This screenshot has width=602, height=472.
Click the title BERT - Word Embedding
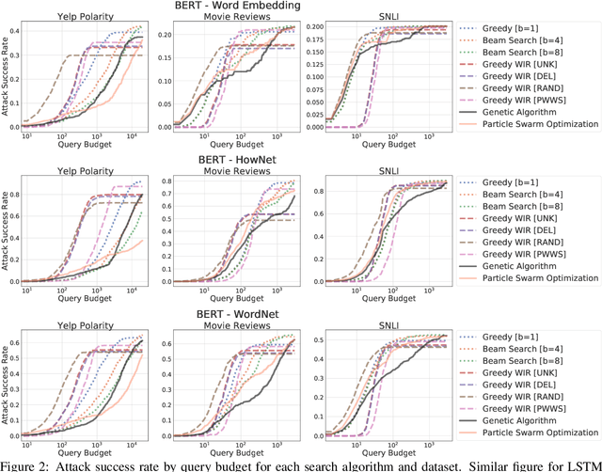coord(244,7)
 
